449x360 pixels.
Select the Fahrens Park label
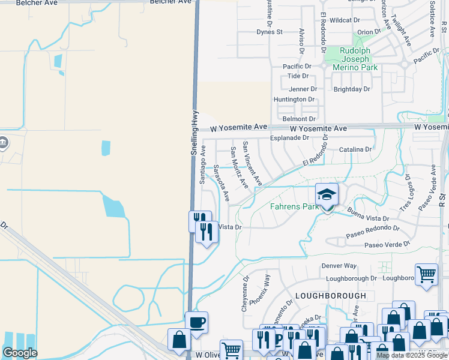tap(294, 207)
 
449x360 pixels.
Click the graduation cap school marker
tap(327, 195)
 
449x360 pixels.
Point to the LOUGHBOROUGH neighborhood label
tap(330, 296)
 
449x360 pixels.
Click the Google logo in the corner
tap(20, 353)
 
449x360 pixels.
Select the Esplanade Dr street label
tap(289, 137)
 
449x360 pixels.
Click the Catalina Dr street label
tap(355, 149)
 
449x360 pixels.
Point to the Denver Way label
tap(339, 266)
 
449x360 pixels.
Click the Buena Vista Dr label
tap(369, 215)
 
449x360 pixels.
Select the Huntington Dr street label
tap(294, 100)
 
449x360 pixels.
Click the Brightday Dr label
tap(352, 89)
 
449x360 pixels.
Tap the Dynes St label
tap(270, 32)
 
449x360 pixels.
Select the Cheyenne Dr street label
tap(245, 293)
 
